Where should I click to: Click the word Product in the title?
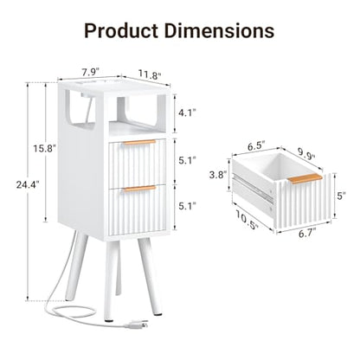coord(121,31)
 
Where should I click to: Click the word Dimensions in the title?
coord(219,30)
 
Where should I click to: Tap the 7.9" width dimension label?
coord(91,72)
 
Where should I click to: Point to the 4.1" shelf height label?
coord(187,113)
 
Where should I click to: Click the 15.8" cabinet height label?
coord(44,149)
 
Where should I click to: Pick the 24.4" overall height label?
coord(28,184)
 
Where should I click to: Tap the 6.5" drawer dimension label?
coord(257,146)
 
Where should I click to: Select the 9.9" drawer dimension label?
coord(306,155)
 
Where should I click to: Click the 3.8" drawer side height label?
coord(217,175)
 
